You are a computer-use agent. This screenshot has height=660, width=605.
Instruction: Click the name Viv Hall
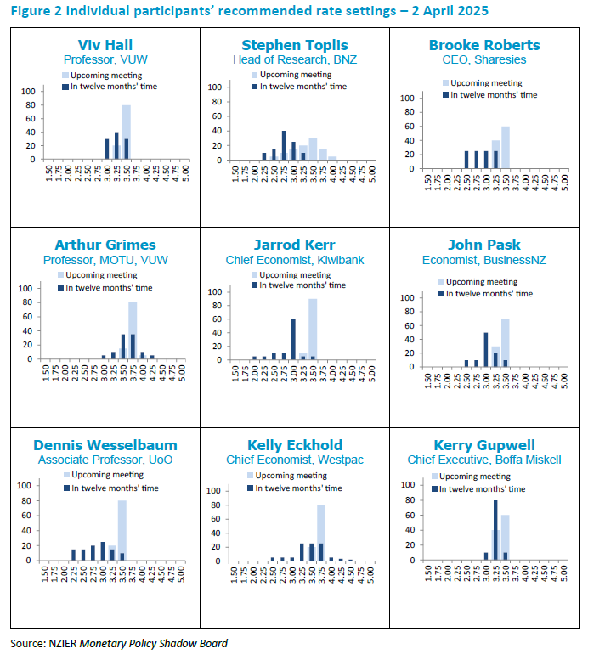(x=105, y=45)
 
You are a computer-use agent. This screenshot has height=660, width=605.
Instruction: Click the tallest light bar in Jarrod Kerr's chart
(x=313, y=329)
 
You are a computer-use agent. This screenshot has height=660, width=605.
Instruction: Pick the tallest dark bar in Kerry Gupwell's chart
(x=495, y=527)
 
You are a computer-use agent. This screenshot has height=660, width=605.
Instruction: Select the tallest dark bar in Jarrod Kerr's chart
(x=293, y=339)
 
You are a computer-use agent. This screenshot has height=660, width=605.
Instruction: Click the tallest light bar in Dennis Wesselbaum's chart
(x=122, y=530)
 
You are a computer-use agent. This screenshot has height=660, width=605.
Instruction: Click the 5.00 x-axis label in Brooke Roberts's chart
(x=566, y=187)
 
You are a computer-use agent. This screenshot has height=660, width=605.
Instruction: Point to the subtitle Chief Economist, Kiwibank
(x=294, y=260)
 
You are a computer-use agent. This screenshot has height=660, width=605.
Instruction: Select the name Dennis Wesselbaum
(x=105, y=445)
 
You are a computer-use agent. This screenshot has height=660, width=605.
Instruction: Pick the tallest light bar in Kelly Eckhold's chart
(x=321, y=533)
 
